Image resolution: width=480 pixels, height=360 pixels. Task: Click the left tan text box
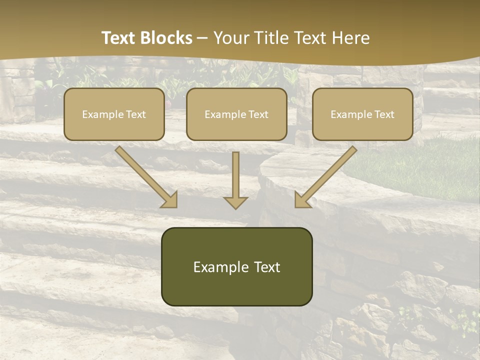click(114, 114)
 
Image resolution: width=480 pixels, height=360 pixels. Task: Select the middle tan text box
click(236, 114)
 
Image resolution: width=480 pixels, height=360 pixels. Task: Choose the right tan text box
click(362, 114)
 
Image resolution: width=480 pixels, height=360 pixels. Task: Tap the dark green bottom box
click(236, 266)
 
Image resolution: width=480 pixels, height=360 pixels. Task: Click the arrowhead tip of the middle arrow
click(235, 207)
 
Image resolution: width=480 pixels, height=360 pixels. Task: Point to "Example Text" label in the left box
click(114, 114)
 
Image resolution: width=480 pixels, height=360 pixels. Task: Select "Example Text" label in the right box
click(362, 114)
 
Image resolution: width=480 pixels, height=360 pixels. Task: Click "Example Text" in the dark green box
click(236, 267)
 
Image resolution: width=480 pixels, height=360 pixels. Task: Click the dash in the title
click(202, 38)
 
